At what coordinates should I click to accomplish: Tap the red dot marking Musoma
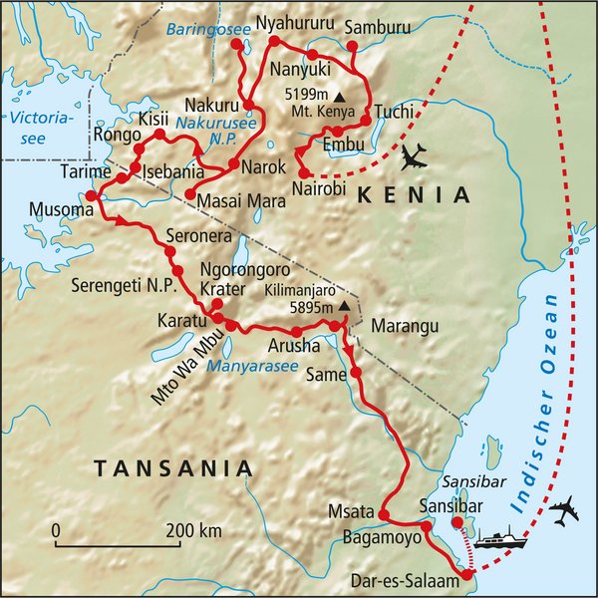[91, 196]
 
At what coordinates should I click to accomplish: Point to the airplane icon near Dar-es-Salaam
[563, 511]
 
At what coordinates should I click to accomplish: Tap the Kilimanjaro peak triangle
[343, 305]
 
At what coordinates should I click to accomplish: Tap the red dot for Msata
[383, 514]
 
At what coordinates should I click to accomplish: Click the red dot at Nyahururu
[269, 44]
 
